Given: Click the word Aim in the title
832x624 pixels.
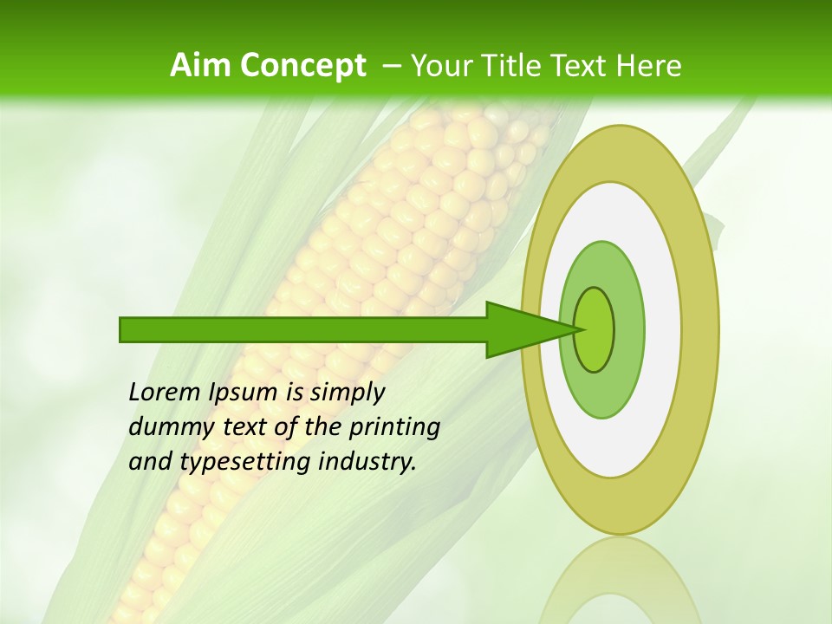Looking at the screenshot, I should pyautogui.click(x=200, y=65).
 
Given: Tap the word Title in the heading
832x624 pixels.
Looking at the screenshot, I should pyautogui.click(x=514, y=65).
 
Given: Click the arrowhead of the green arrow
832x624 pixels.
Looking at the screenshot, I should pyautogui.click(x=520, y=329).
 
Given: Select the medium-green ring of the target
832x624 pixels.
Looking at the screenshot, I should pyautogui.click(x=628, y=329).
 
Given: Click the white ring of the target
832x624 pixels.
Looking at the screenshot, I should pyautogui.click(x=663, y=329).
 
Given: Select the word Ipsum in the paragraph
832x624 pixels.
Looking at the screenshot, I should pyautogui.click(x=244, y=393).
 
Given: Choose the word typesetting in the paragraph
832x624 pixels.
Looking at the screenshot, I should pyautogui.click(x=245, y=462).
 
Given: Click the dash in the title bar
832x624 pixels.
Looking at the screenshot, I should pyautogui.click(x=391, y=65).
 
